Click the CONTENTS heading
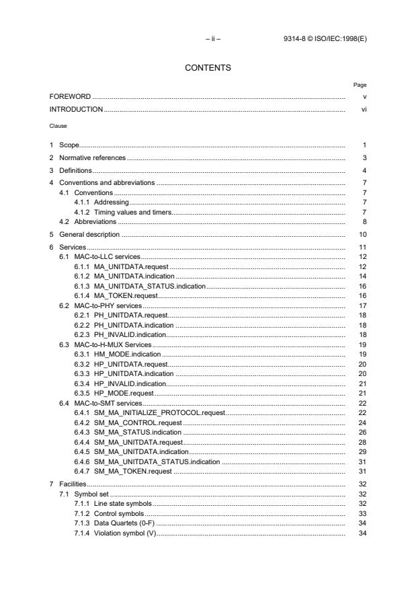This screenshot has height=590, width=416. tap(208, 67)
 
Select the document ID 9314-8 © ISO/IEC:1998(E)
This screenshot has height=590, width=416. tap(325, 40)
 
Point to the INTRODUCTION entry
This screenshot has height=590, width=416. tap(76, 109)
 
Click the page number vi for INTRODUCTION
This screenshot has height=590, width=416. tap(364, 109)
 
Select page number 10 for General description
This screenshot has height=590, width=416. tap(362, 235)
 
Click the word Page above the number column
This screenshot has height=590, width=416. tap(360, 85)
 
